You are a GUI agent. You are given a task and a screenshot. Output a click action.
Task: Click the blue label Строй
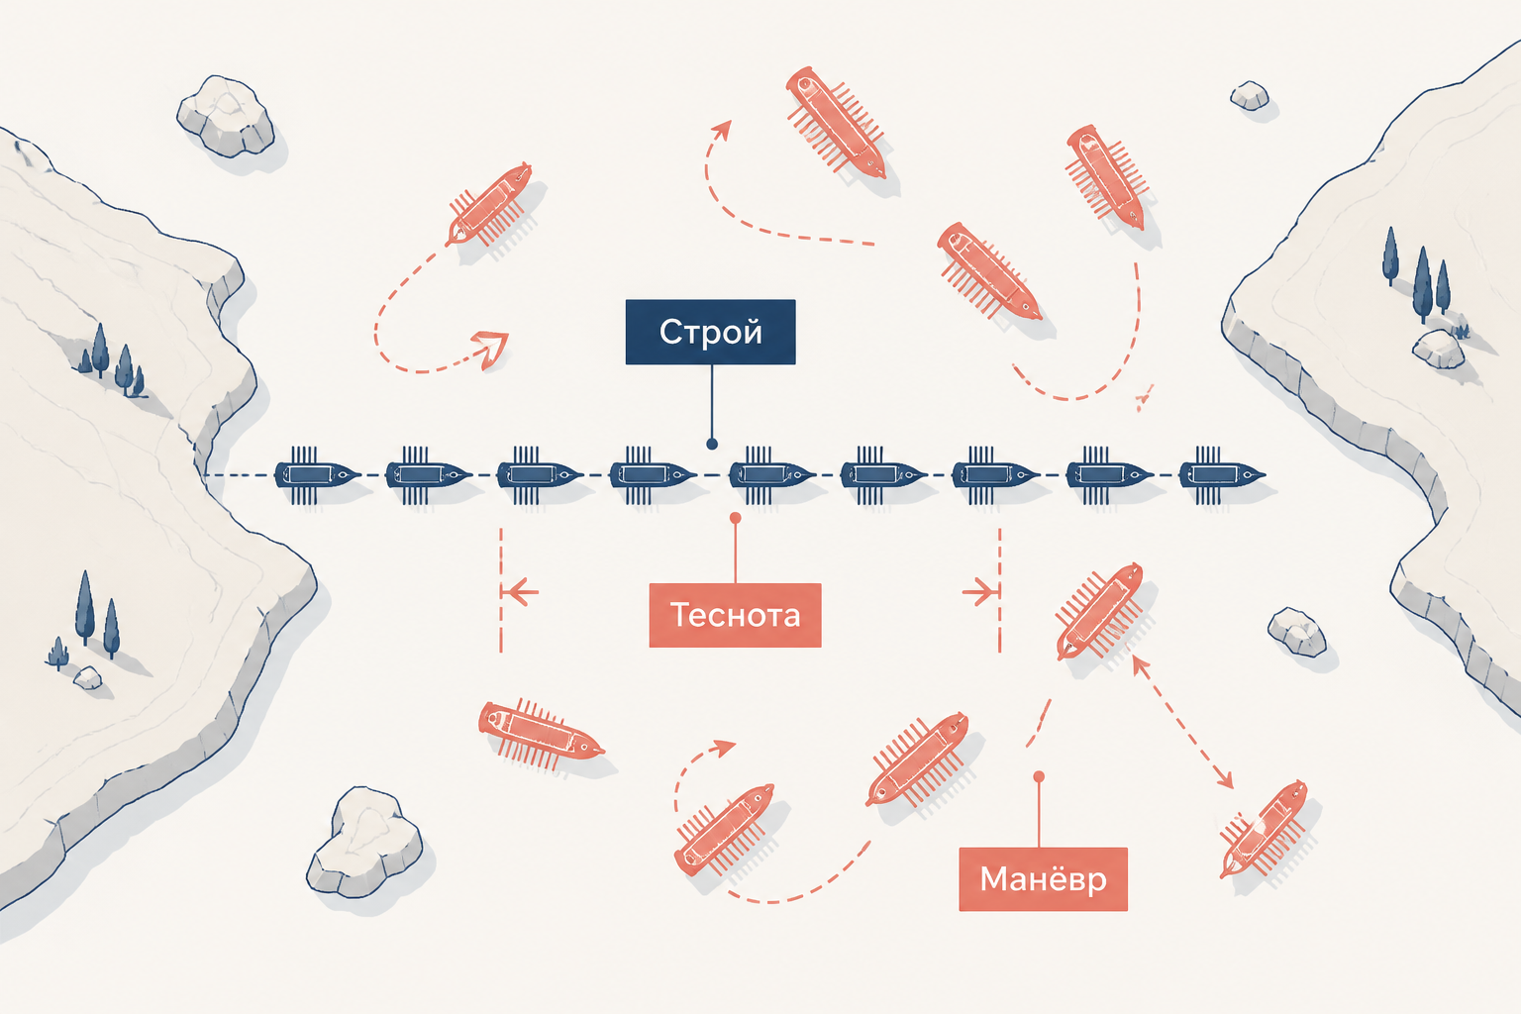(710, 332)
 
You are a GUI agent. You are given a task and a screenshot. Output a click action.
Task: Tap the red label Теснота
(736, 615)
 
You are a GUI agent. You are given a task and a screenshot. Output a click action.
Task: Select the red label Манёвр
(1043, 879)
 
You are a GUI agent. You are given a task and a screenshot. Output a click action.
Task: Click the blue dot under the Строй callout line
(712, 445)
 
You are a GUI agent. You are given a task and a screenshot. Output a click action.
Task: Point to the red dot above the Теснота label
(736, 518)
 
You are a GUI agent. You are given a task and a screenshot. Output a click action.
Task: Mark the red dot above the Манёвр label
(1039, 776)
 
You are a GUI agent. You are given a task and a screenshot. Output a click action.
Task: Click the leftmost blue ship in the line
(317, 474)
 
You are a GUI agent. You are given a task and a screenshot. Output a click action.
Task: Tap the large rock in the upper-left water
(226, 116)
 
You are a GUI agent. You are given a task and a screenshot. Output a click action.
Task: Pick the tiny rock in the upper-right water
(1250, 96)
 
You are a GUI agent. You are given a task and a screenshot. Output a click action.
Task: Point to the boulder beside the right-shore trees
(1438, 350)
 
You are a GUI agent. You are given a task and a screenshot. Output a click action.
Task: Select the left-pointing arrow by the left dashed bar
(520, 592)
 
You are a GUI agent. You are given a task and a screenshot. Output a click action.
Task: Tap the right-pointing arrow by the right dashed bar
(979, 592)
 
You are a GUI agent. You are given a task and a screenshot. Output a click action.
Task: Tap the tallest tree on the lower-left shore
(85, 608)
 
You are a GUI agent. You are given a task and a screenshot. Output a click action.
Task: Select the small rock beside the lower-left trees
(87, 677)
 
